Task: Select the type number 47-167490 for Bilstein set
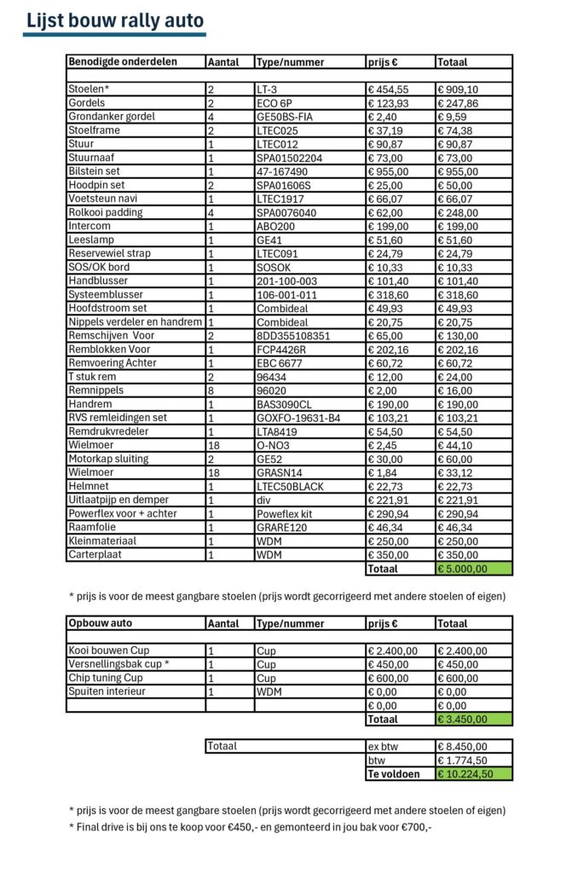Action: tap(280, 171)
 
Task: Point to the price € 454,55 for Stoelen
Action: tap(388, 90)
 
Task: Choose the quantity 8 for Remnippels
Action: tap(210, 390)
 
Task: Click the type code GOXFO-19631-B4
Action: tap(298, 418)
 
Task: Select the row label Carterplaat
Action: tap(96, 554)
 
